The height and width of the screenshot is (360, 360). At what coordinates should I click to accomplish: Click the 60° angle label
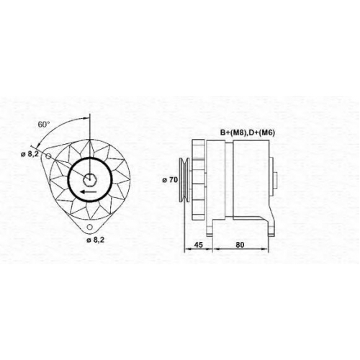coord(44,125)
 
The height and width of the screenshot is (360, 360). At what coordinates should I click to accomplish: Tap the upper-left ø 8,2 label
coord(30,154)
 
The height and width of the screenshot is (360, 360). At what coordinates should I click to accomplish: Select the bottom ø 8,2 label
coord(96,240)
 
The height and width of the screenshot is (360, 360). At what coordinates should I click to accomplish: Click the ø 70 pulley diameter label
coord(170,180)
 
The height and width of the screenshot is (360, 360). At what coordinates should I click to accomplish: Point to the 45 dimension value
coord(198,245)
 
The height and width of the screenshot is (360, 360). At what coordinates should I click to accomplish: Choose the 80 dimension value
coord(240,245)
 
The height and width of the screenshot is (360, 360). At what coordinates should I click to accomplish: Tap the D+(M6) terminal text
coord(261,132)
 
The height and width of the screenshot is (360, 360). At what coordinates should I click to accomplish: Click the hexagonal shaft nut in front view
coord(90,179)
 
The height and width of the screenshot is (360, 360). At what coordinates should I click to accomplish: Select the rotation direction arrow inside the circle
coord(89,192)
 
